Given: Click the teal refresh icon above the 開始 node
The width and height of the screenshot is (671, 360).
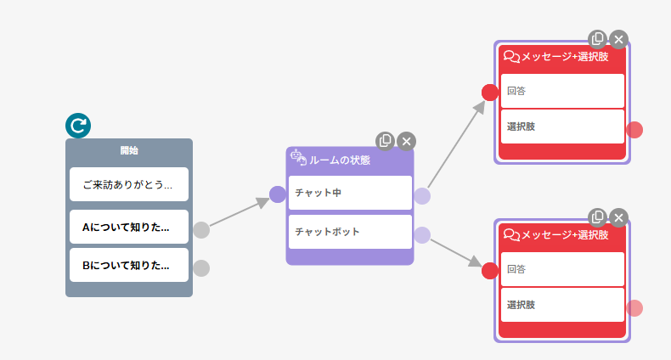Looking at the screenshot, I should pyautogui.click(x=78, y=126).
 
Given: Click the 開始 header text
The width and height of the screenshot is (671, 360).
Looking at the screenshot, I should pyautogui.click(x=129, y=151).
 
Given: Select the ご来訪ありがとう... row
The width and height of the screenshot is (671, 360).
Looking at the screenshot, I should pyautogui.click(x=129, y=184).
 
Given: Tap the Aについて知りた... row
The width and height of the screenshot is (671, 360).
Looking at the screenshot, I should pyautogui.click(x=129, y=228).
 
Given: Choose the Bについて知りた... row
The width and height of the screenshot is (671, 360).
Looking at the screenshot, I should pyautogui.click(x=129, y=265).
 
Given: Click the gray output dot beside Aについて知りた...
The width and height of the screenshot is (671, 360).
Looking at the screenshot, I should pyautogui.click(x=201, y=229).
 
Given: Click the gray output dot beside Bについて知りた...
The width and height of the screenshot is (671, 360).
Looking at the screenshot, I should pyautogui.click(x=201, y=268).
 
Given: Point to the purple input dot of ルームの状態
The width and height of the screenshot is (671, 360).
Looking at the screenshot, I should pyautogui.click(x=277, y=194).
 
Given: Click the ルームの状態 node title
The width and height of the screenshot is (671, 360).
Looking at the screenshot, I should pyautogui.click(x=339, y=160).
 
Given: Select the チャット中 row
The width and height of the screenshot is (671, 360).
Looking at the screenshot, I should pyautogui.click(x=349, y=193).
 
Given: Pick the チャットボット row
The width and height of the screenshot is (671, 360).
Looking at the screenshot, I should pyautogui.click(x=349, y=232).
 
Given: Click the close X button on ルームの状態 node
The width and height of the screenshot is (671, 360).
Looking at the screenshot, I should pyautogui.click(x=407, y=141).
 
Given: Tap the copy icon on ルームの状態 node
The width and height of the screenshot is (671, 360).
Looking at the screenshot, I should pyautogui.click(x=386, y=140).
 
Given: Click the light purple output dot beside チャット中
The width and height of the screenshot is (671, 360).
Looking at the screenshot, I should pyautogui.click(x=422, y=196).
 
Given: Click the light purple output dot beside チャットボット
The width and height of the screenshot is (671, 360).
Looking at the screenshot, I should pyautogui.click(x=422, y=235).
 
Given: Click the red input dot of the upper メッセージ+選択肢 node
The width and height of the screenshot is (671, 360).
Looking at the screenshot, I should pyautogui.click(x=490, y=93).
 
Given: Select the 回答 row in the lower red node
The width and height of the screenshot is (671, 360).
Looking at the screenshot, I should pyautogui.click(x=562, y=269).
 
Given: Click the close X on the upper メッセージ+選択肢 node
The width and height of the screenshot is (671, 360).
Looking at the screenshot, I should pyautogui.click(x=619, y=39).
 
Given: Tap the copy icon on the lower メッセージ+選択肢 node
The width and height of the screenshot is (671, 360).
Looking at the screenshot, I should pyautogui.click(x=598, y=217).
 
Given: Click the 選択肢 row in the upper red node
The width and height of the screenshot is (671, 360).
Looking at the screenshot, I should pyautogui.click(x=562, y=127).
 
